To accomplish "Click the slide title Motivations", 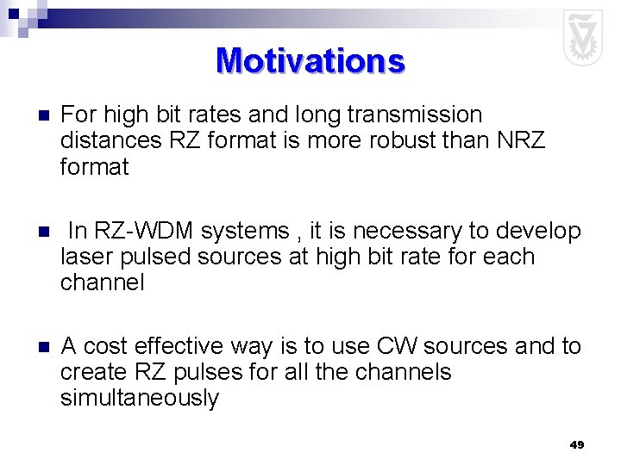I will click(310, 61).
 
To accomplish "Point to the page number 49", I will click(577, 444).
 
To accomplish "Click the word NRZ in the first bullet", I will click(521, 140).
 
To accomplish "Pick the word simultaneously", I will click(140, 398).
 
